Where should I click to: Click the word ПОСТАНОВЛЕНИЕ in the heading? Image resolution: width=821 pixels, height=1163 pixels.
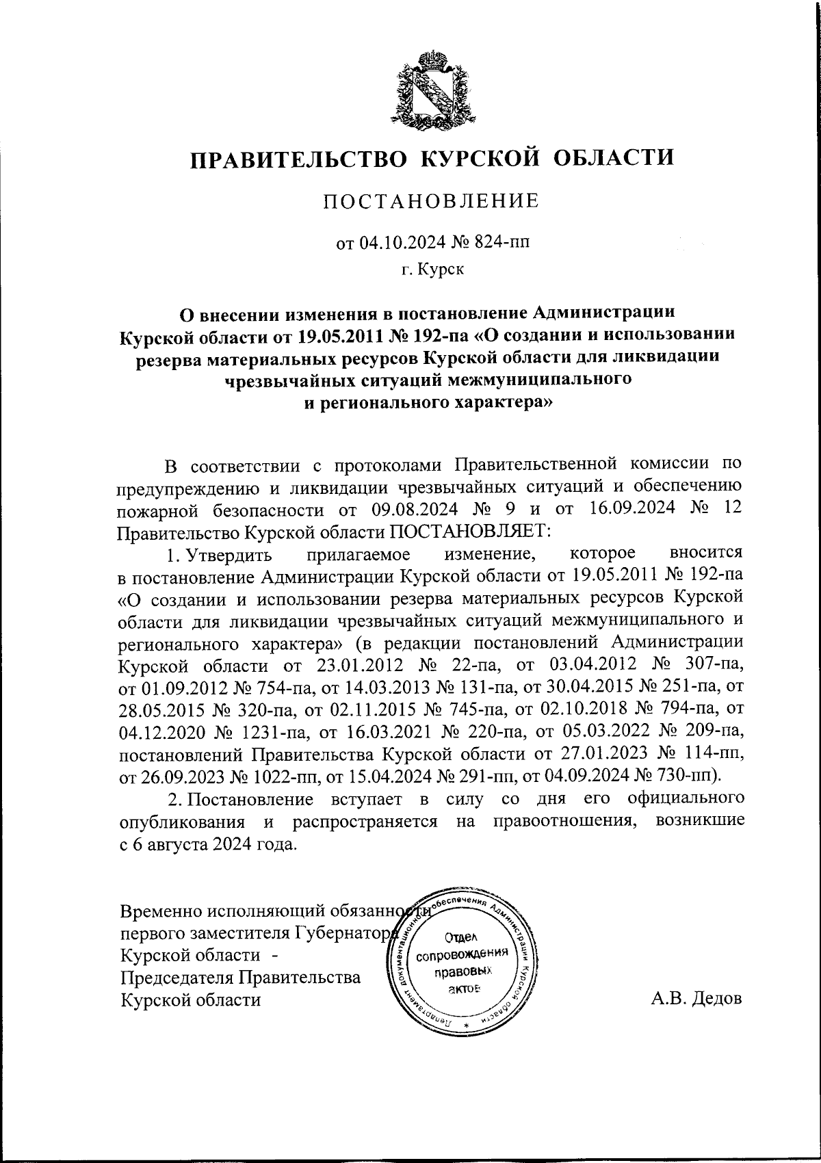coord(431,201)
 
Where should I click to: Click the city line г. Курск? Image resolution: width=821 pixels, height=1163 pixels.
coord(432,270)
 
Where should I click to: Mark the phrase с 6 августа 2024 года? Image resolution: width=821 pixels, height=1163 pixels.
coord(208,844)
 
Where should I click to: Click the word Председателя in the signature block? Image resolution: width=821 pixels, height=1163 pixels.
coord(177,977)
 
